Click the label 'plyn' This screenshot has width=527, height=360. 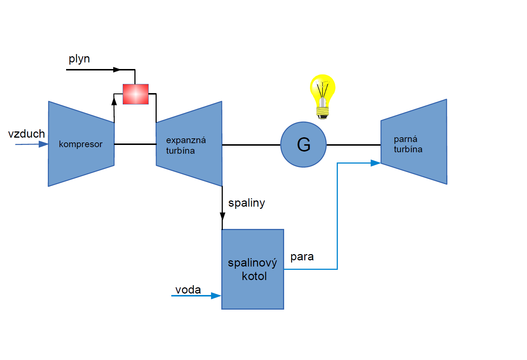click(79, 59)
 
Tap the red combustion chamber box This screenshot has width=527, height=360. click(135, 94)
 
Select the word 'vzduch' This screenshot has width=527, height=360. click(26, 134)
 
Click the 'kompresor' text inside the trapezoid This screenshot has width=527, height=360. click(81, 144)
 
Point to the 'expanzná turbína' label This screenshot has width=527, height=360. click(186, 145)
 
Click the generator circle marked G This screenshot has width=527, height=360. click(303, 145)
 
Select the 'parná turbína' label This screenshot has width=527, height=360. click(408, 144)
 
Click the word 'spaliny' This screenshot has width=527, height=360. click(247, 203)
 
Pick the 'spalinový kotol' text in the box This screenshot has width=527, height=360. click(253, 269)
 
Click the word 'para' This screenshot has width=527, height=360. click(302, 257)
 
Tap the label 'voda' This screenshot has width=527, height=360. click(188, 290)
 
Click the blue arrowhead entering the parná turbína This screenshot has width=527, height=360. click(375, 163)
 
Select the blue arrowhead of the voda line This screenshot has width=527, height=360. click(216, 296)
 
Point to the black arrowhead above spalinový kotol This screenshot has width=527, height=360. click(222, 216)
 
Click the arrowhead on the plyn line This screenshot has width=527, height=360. click(117, 70)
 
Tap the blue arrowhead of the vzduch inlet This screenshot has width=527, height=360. click(43, 144)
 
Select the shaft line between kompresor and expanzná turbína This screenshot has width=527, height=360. click(135, 144)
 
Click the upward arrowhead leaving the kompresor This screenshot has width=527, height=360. click(114, 101)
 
